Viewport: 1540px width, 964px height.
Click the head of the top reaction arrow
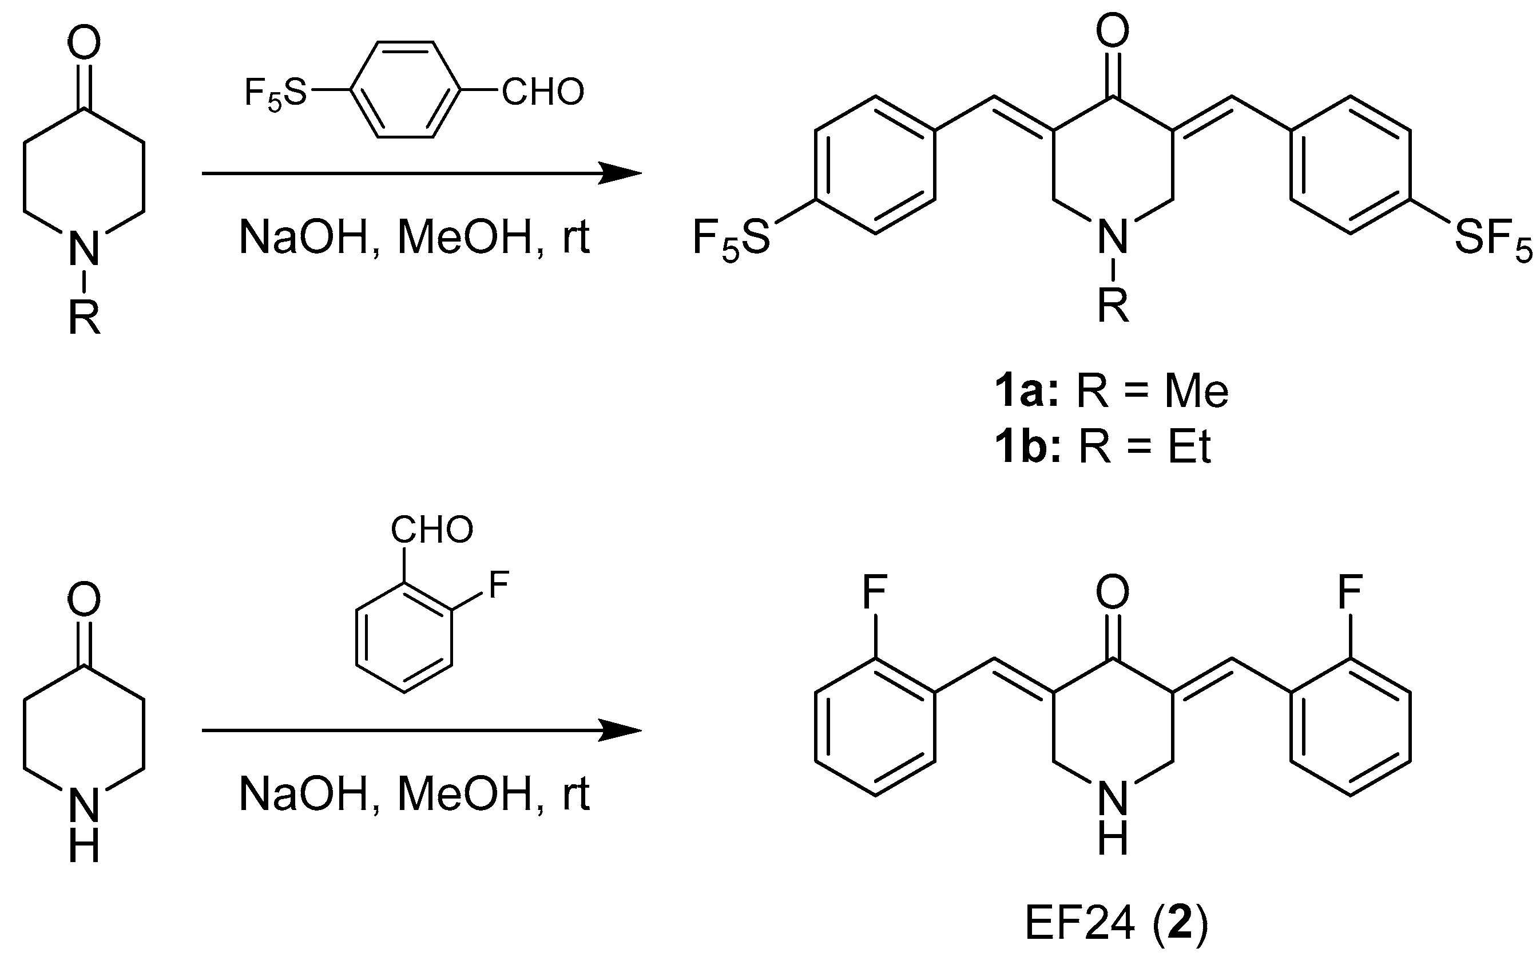[x=621, y=173]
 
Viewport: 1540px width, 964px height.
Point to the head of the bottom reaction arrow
[x=621, y=730]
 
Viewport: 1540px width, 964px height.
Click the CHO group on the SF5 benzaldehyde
[x=543, y=92]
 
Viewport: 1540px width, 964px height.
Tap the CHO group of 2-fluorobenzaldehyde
[x=432, y=529]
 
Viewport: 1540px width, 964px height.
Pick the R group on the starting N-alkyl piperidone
[x=85, y=317]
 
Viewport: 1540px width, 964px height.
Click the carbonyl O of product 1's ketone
[x=1113, y=30]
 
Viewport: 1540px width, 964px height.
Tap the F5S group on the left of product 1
[x=732, y=240]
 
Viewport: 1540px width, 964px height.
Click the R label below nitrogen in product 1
[x=1113, y=306]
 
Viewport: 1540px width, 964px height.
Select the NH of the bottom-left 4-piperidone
[x=84, y=826]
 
